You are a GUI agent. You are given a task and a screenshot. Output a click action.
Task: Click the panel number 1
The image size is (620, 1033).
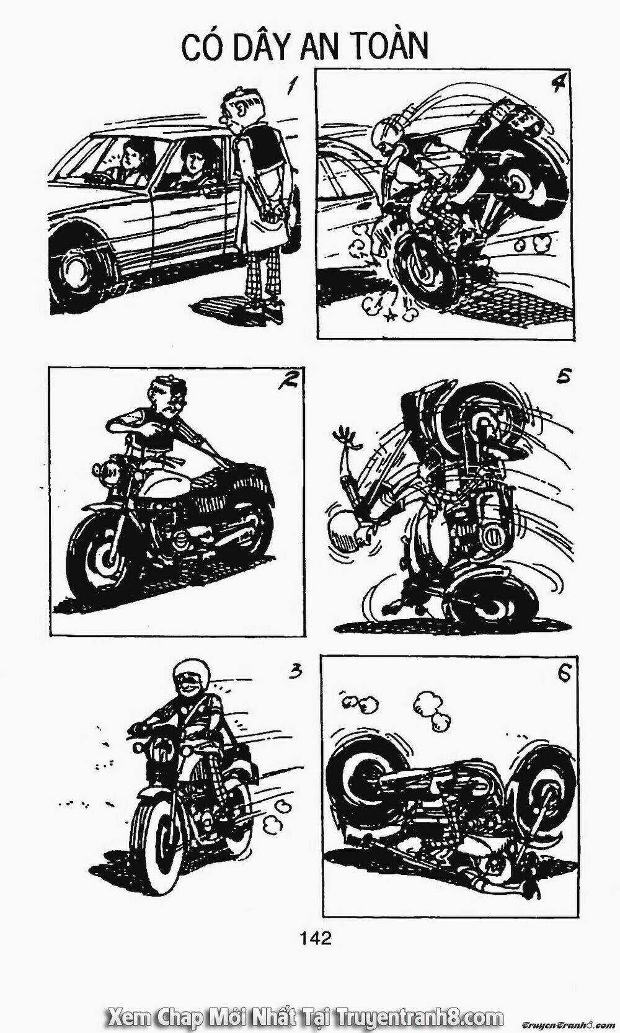coord(290,85)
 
